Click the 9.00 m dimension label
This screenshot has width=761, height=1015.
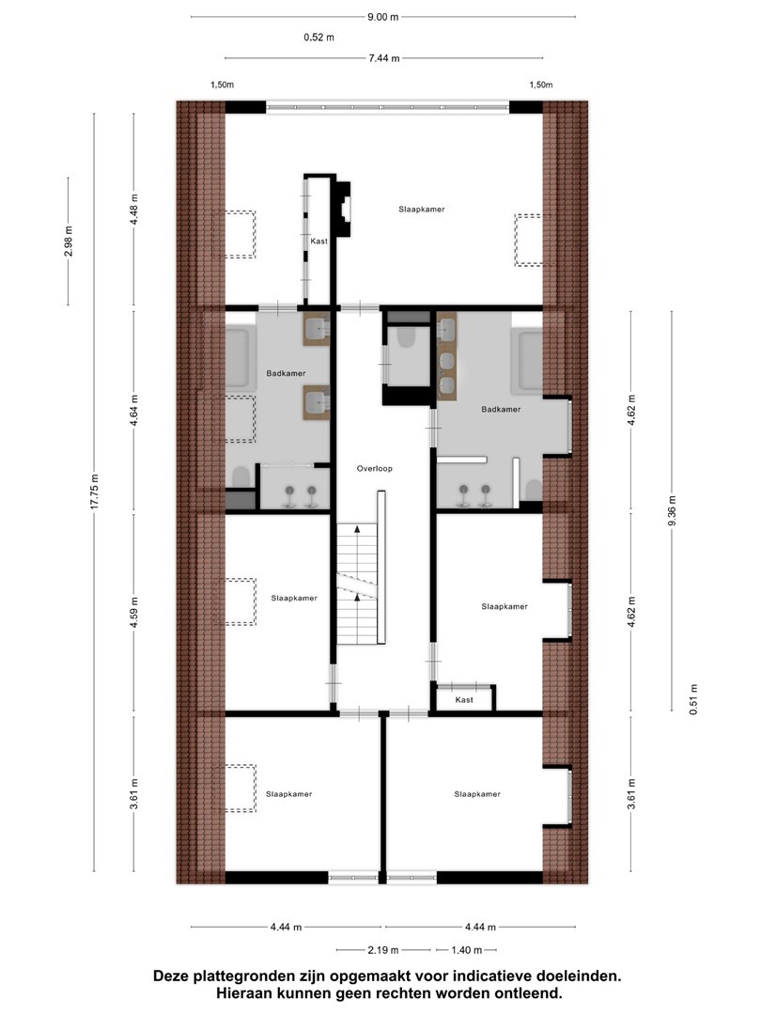click(383, 17)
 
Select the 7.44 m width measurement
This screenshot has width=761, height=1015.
click(384, 58)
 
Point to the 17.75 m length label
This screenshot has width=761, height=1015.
click(95, 492)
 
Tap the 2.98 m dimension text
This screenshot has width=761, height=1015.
click(68, 241)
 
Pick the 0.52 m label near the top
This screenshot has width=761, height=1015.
click(319, 38)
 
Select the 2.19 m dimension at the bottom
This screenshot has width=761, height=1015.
click(383, 950)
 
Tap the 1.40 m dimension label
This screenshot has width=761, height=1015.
click(467, 950)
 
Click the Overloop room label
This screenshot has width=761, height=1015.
click(375, 469)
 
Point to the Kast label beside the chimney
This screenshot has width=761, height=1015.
click(319, 241)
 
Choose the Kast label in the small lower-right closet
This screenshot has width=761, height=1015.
click(464, 700)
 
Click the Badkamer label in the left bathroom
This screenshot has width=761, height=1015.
click(286, 373)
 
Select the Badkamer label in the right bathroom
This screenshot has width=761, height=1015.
click(501, 409)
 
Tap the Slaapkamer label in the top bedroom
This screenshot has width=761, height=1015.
click(422, 209)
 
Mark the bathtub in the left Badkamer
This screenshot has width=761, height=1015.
click(237, 358)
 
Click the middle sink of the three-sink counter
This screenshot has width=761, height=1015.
click(446, 360)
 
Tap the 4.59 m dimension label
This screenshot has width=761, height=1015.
click(134, 613)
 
